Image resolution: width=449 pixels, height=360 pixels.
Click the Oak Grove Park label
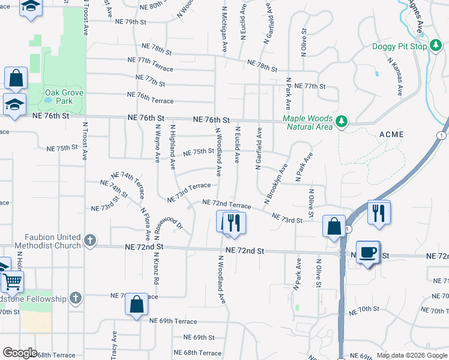pos(64,97)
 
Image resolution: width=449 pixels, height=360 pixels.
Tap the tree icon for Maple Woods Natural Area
pos(342,121)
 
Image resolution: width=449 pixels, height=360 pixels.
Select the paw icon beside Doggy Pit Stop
pos(436,47)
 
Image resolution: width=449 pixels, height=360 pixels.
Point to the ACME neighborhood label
pos(391,134)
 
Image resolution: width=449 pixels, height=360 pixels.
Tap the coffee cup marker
pos(367,251)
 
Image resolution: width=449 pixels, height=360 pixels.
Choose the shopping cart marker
pos(11,281)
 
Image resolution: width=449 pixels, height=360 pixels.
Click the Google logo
pos(20,353)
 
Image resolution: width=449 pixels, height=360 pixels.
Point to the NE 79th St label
pos(127,22)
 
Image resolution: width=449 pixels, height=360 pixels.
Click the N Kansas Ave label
pos(395,76)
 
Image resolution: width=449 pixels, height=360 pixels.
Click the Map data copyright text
pos(411,355)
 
